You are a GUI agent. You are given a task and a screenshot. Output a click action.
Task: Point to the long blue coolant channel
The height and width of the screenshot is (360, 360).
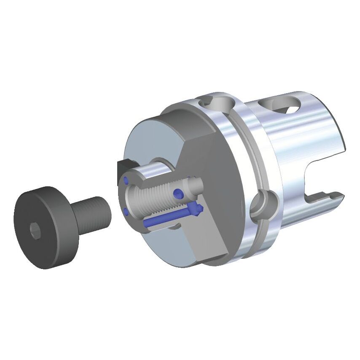click(x=167, y=217)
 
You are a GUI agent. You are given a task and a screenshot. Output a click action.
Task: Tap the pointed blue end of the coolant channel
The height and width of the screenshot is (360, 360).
click(x=199, y=208)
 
